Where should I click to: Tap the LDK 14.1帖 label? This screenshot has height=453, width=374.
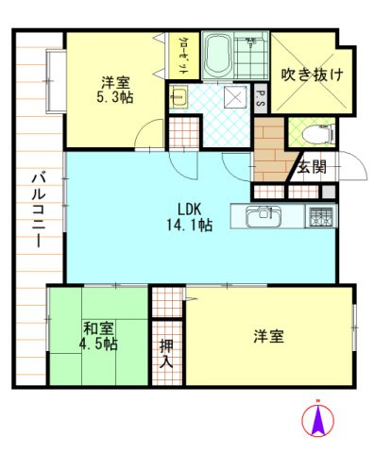pyautogui.click(x=190, y=217)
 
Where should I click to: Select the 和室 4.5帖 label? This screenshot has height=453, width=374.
pyautogui.click(x=97, y=336)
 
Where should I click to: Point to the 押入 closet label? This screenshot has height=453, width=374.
pyautogui.click(x=166, y=352)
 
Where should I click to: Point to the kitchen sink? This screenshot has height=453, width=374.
pyautogui.click(x=260, y=217)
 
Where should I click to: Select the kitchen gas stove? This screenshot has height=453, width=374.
pyautogui.click(x=321, y=216)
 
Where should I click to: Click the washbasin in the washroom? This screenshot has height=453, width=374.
pyautogui.click(x=180, y=96)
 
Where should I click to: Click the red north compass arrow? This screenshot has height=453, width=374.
pyautogui.click(x=318, y=420)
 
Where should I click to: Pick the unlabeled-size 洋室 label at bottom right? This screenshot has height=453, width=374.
pyautogui.click(x=269, y=336)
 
